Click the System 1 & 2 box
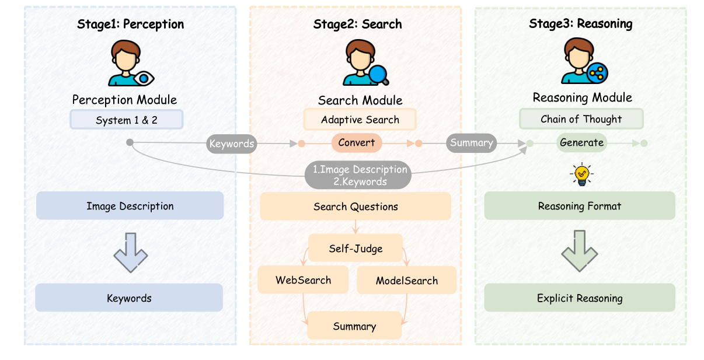click(126, 120)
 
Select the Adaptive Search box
click(360, 120)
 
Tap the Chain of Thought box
click(581, 119)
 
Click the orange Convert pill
click(357, 143)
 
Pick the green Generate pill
click(582, 142)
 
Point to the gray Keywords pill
click(232, 144)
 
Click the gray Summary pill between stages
click(472, 143)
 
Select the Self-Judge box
click(356, 248)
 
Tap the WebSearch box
click(303, 280)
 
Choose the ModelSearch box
click(407, 280)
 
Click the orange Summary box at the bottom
click(354, 326)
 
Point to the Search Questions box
click(356, 206)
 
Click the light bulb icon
click(582, 174)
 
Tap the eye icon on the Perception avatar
click(144, 78)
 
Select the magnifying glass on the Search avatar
click(379, 75)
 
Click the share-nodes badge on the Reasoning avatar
click(597, 73)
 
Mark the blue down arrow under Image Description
click(130, 253)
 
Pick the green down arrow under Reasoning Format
click(580, 251)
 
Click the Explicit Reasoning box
click(580, 298)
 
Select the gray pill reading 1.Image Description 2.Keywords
click(358, 175)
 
